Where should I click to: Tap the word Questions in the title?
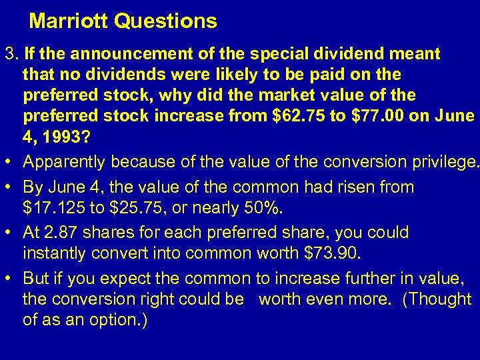coord(165,21)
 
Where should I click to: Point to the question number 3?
coord(9,53)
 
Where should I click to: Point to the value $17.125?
coord(53,209)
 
